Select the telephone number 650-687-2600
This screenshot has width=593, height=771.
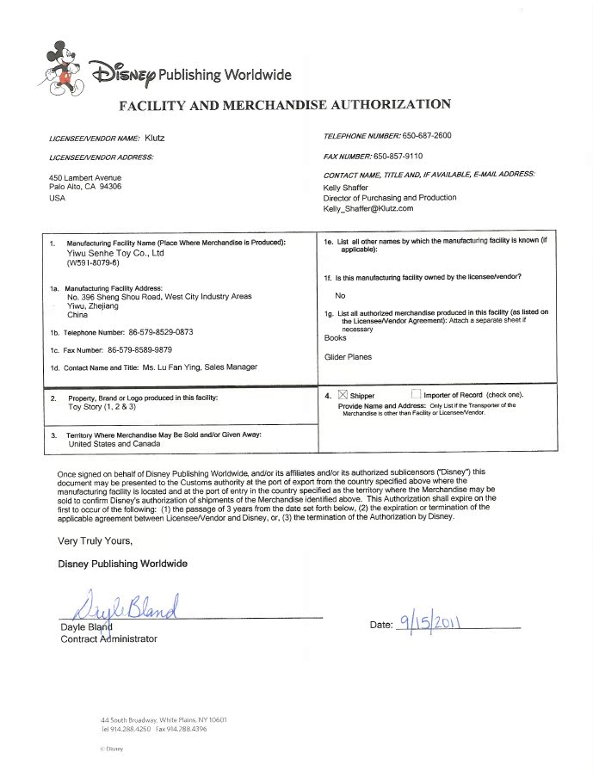click(x=428, y=136)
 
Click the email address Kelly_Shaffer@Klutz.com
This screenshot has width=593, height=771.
click(x=368, y=208)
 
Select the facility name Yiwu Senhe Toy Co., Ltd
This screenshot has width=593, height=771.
click(x=115, y=254)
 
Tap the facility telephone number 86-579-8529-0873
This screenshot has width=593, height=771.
click(x=151, y=331)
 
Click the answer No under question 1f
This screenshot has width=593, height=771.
click(x=340, y=295)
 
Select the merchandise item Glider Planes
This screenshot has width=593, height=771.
click(x=348, y=356)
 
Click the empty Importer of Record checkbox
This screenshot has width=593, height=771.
click(x=417, y=395)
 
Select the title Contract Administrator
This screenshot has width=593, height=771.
click(x=108, y=638)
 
